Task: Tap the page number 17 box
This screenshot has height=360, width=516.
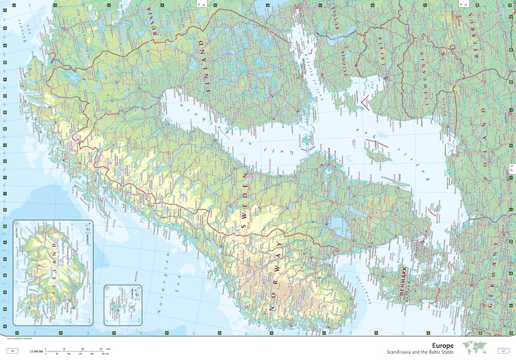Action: pyautogui.click(x=503, y=350)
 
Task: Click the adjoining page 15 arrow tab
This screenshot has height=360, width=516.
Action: pyautogui.click(x=462, y=4)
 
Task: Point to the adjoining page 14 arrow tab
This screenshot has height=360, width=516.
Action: pyautogui.click(x=204, y=4)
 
